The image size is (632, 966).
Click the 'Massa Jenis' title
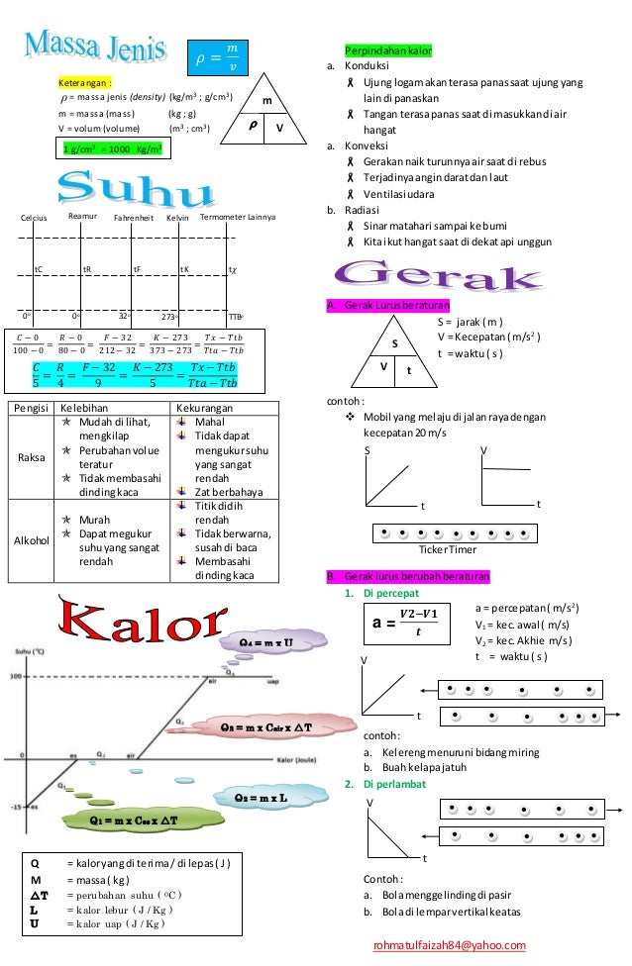point(99,45)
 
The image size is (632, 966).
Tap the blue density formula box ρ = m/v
point(217,56)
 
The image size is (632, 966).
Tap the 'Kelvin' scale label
point(178,217)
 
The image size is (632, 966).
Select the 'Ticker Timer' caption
point(448,550)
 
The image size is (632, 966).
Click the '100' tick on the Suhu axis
point(15,677)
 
